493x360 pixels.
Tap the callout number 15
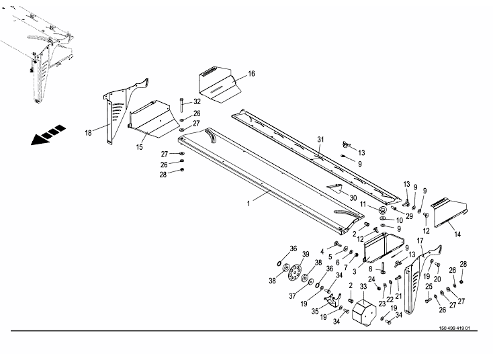[x=140, y=146]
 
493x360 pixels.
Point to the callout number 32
[x=197, y=101]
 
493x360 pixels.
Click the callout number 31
[x=321, y=140]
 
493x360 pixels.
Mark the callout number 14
[x=457, y=234]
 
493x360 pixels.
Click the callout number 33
[x=363, y=286]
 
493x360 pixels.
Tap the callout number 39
[x=305, y=254]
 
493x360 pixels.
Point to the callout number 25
[x=429, y=287]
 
